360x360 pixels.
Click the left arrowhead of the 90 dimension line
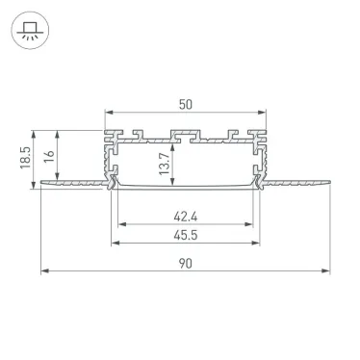pos(44,273)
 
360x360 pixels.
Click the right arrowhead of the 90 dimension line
pos(326,273)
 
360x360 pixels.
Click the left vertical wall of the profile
pos(108,159)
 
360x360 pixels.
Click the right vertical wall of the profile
pos(264,159)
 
